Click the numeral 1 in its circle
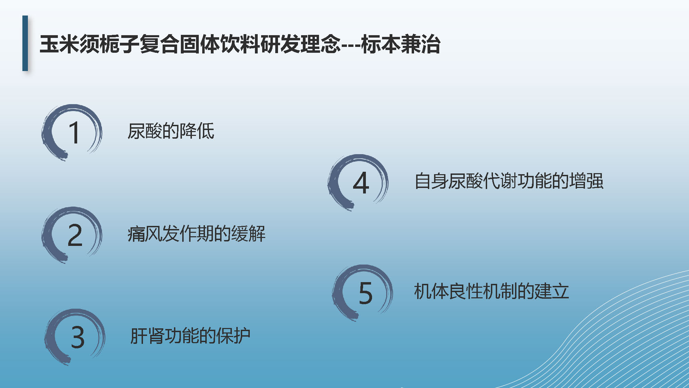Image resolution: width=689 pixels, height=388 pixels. (74, 132)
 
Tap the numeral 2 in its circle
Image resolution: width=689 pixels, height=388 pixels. (75, 235)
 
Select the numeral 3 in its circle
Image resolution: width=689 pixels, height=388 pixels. (78, 337)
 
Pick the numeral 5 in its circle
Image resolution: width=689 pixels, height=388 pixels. (366, 293)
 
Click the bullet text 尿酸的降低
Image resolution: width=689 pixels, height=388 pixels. (171, 131)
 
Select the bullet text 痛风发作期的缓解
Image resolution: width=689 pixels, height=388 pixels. (197, 233)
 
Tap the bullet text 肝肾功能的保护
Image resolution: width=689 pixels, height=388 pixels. (190, 336)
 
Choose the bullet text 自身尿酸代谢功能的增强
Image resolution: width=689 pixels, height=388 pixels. (509, 181)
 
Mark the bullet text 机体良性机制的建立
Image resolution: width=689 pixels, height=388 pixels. (491, 291)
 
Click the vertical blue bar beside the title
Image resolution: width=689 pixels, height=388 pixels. (25, 43)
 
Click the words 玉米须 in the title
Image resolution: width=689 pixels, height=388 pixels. (69, 44)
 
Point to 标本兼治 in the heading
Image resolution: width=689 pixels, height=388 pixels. (401, 44)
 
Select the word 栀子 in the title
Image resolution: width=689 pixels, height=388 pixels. (119, 44)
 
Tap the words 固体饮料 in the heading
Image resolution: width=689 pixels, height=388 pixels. (219, 44)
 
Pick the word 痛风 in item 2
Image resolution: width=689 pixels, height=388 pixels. (145, 233)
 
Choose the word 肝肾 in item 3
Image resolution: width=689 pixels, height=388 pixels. (147, 336)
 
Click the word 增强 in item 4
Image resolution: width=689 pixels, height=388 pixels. (586, 181)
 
